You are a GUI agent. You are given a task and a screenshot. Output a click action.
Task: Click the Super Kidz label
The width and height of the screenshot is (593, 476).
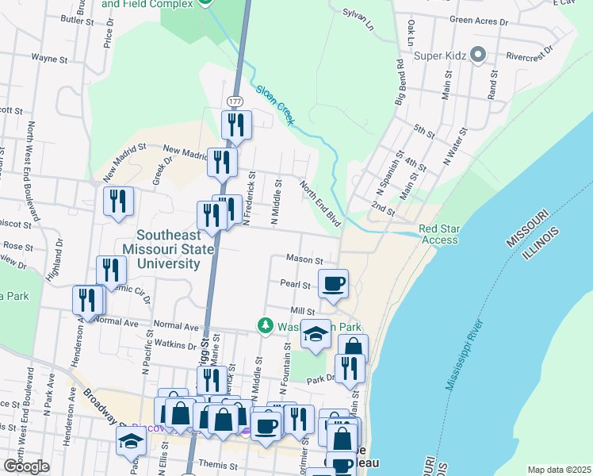(x=438, y=56)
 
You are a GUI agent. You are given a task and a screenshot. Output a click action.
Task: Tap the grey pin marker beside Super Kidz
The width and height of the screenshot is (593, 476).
(x=477, y=56)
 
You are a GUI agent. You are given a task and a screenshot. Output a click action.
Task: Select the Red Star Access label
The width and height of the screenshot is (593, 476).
(x=439, y=235)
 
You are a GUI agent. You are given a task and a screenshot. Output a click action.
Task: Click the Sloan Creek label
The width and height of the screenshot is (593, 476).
(x=275, y=103)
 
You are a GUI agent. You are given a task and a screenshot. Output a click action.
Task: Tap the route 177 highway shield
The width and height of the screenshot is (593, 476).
(x=235, y=103)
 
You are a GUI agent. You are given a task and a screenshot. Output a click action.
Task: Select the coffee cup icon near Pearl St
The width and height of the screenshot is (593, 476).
(x=333, y=282)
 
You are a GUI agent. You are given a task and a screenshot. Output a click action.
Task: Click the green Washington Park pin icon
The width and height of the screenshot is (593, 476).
(x=264, y=326)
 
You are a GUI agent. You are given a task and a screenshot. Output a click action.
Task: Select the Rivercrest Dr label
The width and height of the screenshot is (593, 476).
(x=528, y=58)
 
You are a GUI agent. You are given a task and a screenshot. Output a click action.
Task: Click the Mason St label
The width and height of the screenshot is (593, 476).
(x=304, y=259)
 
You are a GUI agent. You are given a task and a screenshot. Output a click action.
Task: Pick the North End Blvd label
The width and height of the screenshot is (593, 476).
(x=320, y=203)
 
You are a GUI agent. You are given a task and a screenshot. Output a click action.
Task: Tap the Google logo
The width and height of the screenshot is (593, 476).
(x=25, y=466)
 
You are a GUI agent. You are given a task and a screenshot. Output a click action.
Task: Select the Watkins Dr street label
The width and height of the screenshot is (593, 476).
(x=174, y=345)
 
